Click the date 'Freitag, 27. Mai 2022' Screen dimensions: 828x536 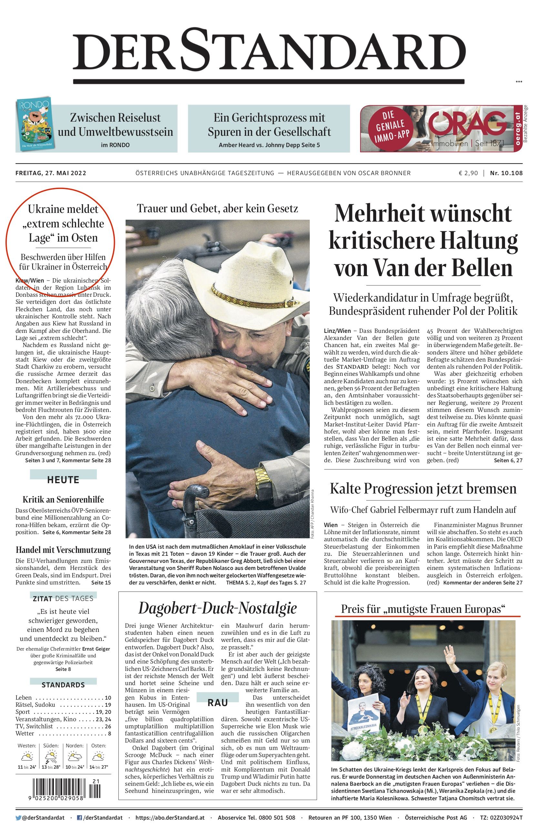51,173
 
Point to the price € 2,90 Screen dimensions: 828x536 468,173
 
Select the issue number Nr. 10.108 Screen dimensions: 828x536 506,173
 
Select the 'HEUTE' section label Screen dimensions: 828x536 63,480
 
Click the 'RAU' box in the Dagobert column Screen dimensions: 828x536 217,703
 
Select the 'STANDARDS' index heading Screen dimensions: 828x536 63,685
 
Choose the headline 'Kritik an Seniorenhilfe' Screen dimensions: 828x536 63,500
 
